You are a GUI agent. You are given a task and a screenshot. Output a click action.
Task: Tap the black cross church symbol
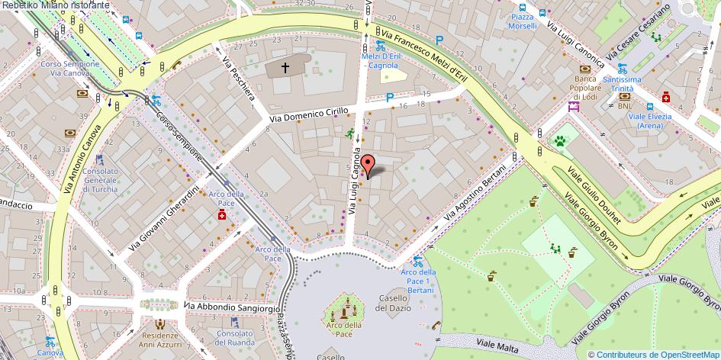[x=286, y=68]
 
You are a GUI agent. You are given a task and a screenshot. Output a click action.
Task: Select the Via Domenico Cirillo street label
[x=310, y=114]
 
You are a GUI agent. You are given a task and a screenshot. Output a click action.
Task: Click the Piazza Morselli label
[x=523, y=21]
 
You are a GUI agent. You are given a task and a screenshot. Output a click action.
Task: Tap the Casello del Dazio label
[x=394, y=303]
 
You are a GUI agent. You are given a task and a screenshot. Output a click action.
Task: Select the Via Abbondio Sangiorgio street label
[x=232, y=307]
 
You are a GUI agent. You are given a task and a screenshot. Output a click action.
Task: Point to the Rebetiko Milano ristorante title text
[x=55, y=5]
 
